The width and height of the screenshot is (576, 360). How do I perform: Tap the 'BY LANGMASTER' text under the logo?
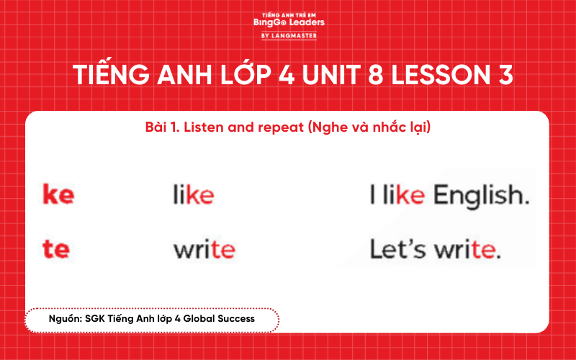click(x=288, y=35)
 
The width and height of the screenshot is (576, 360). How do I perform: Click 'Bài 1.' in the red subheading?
click(x=161, y=128)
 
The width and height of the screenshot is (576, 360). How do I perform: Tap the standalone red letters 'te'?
click(x=56, y=249)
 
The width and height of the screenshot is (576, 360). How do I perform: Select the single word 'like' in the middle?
click(x=193, y=195)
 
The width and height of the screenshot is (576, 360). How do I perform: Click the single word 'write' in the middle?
click(x=204, y=250)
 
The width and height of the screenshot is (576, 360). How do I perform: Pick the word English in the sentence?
click(x=482, y=195)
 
